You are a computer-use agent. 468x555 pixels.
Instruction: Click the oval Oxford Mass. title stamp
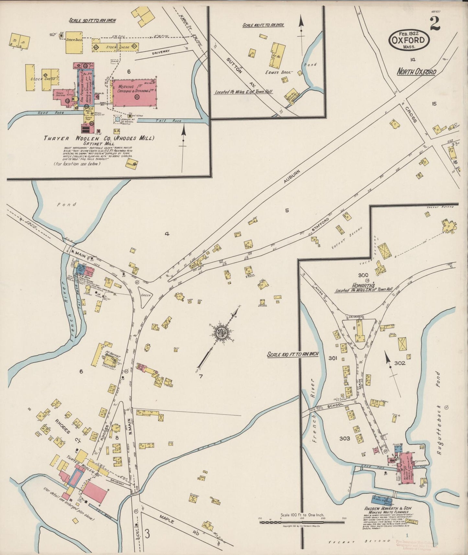[x=409, y=40]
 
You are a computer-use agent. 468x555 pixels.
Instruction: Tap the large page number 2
[x=435, y=24]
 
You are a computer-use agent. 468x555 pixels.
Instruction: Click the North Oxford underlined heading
[x=417, y=72]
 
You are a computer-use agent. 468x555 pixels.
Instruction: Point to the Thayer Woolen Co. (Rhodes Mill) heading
[x=99, y=138]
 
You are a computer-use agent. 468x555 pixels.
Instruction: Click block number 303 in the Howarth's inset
[x=345, y=438]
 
